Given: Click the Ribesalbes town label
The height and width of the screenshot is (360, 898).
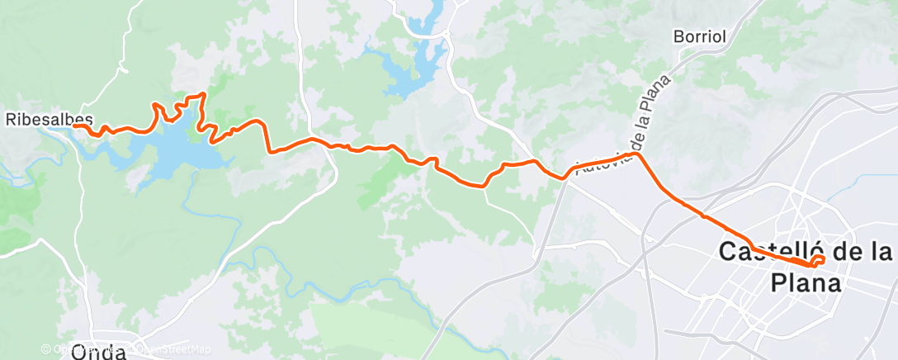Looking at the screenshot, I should pyautogui.click(x=49, y=119).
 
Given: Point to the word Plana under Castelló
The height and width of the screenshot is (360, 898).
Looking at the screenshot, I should pyautogui.click(x=806, y=283).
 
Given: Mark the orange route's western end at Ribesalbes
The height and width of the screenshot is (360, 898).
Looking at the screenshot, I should pyautogui.click(x=74, y=126).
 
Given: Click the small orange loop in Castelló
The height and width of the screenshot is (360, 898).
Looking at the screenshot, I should pyautogui.click(x=818, y=261).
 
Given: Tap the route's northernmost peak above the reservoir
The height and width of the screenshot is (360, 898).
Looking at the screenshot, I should pyautogui.click(x=202, y=95).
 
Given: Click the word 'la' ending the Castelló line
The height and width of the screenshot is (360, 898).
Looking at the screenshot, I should pyautogui.click(x=880, y=253).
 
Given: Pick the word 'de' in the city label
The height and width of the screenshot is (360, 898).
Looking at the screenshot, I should pyautogui.click(x=846, y=253).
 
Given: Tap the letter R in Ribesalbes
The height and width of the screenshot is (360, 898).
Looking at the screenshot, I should pyautogui.click(x=12, y=119).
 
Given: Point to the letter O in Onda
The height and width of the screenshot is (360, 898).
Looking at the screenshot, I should pyautogui.click(x=81, y=353).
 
